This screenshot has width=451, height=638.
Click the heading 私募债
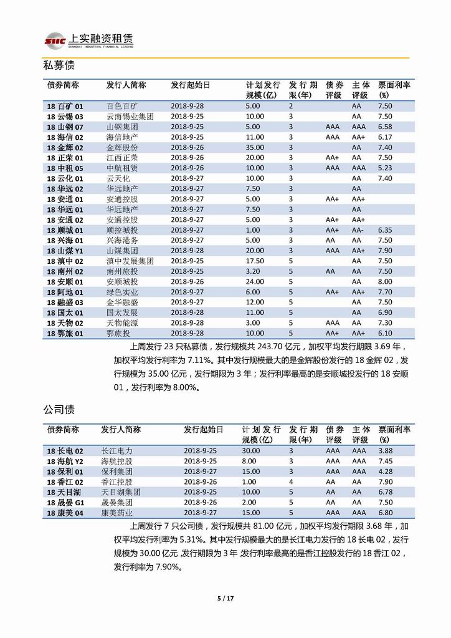[x=59, y=65]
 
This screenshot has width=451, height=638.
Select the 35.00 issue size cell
[x=255, y=147]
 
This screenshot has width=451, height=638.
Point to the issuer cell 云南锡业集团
[x=130, y=117]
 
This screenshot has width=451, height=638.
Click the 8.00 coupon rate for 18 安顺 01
[x=385, y=281]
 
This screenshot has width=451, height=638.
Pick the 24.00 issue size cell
[x=255, y=281]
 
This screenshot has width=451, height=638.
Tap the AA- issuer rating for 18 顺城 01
[x=358, y=230]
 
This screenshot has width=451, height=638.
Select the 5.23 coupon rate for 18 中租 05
[x=385, y=168]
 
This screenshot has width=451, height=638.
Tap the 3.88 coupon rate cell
[x=385, y=451]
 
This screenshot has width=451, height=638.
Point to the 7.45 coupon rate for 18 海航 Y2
[x=385, y=461]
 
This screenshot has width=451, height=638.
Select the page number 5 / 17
[x=225, y=599]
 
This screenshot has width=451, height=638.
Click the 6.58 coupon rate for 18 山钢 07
[x=385, y=127]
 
